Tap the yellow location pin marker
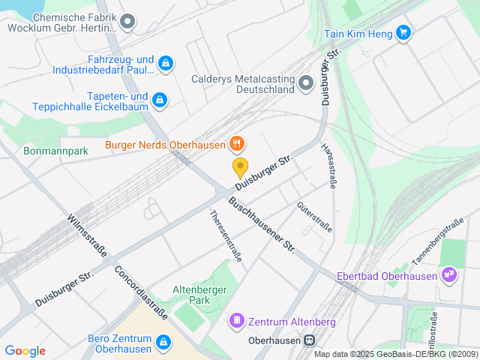coord(240,167)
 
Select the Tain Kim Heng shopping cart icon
coord(403,32)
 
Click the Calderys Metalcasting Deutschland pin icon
coord(305,82)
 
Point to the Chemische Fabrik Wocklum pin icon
coord(127,22)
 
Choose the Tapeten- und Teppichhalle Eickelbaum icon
coord(159,100)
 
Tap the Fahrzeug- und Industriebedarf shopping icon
coord(166,64)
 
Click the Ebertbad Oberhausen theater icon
coord(449,275)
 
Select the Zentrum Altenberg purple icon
coord(237,321)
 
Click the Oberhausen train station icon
coord(308,339)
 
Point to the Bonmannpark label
coord(56,151)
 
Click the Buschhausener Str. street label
coord(262,224)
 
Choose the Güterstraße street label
coord(313,217)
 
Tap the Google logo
coord(25,351)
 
